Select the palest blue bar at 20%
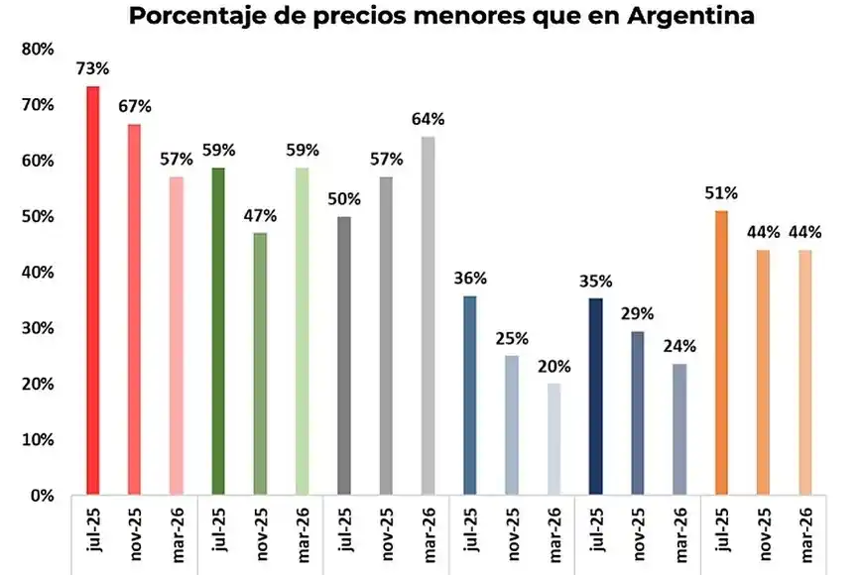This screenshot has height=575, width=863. pyautogui.click(x=553, y=438)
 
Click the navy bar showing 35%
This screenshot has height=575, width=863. pyautogui.click(x=595, y=396)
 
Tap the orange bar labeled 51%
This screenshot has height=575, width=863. pyautogui.click(x=720, y=352)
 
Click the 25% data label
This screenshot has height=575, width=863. pyautogui.click(x=511, y=338)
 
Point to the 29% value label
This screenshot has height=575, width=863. pyautogui.click(x=637, y=313)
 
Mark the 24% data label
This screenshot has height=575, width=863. pyautogui.click(x=679, y=346)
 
